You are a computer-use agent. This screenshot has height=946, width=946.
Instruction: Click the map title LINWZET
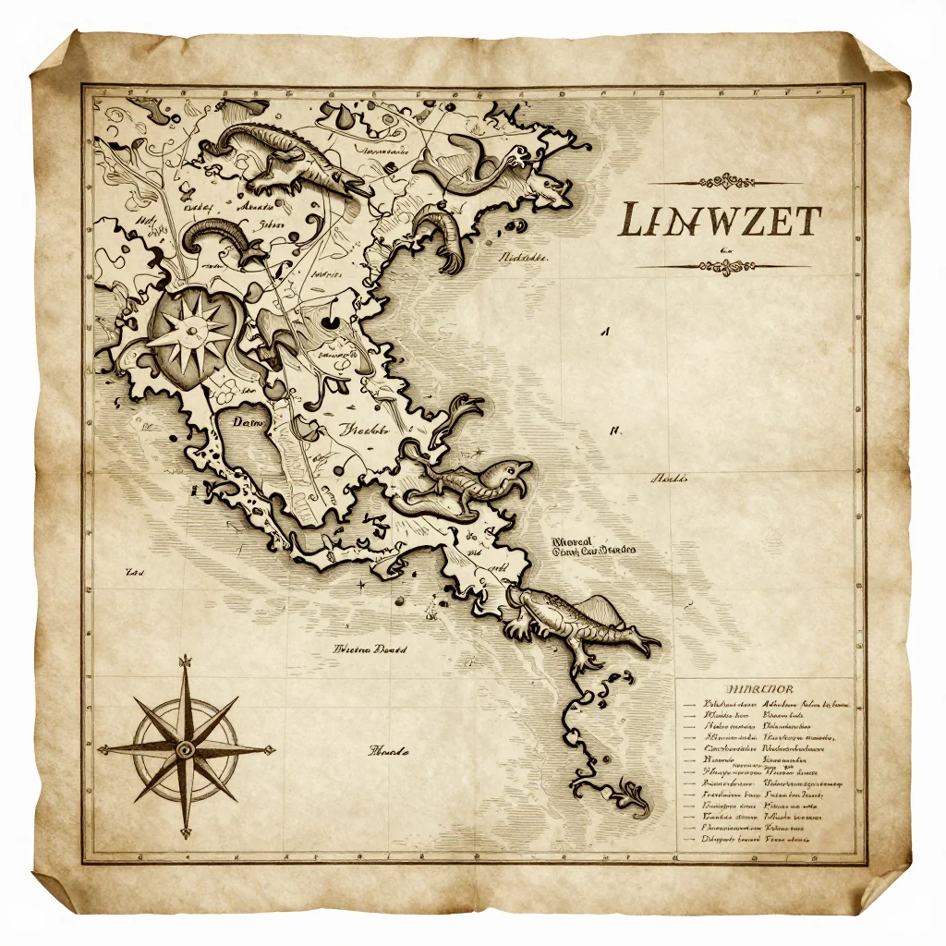coord(719,221)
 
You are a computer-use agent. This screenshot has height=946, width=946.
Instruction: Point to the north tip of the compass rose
coord(186,658)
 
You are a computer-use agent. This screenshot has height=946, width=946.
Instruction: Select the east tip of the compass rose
coord(274,748)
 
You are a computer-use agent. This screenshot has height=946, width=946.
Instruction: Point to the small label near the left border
coord(136,573)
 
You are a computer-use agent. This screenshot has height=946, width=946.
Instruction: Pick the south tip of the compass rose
coord(186,836)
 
